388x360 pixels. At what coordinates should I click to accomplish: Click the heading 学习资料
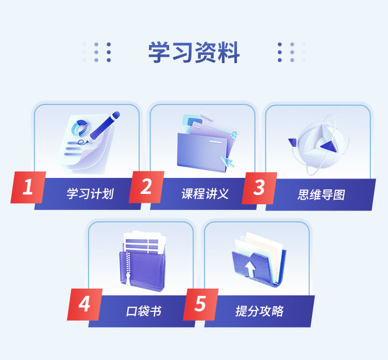(x=194, y=52)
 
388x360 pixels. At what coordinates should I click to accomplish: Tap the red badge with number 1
(x=28, y=187)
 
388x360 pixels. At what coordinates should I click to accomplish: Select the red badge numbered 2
(x=146, y=187)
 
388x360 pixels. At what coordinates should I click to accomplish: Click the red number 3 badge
(x=259, y=188)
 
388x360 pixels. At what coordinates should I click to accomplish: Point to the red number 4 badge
(x=85, y=304)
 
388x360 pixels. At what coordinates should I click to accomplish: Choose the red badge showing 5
(x=201, y=304)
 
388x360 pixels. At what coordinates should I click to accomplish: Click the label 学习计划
(x=90, y=193)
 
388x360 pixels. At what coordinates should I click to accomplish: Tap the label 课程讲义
(x=205, y=193)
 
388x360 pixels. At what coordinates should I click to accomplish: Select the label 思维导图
(x=321, y=194)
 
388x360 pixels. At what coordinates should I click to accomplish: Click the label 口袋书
(x=143, y=311)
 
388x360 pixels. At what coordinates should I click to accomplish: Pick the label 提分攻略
(x=259, y=311)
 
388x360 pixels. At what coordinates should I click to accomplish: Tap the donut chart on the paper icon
(x=80, y=128)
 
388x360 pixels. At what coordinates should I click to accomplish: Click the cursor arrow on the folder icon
(x=228, y=162)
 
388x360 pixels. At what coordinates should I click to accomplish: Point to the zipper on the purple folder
(x=128, y=268)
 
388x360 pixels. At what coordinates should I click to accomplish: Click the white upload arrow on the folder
(x=250, y=269)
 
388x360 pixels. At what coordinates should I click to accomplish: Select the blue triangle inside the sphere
(x=329, y=146)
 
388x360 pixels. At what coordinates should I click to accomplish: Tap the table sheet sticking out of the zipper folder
(x=145, y=242)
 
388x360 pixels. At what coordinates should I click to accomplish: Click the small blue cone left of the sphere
(x=292, y=143)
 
